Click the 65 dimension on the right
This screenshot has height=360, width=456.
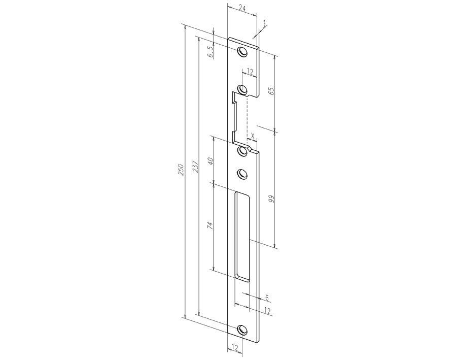[286, 91]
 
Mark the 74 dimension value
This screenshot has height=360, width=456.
[211, 225]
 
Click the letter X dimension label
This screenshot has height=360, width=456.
[252, 136]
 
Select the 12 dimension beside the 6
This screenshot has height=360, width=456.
[267, 310]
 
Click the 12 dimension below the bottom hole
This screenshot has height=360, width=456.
[234, 347]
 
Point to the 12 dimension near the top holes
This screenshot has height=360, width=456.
[250, 72]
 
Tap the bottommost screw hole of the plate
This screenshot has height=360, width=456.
[244, 329]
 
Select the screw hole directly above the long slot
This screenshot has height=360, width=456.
[243, 174]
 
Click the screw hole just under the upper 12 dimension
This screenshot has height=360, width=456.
[243, 90]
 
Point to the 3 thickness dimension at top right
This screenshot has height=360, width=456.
[264, 23]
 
